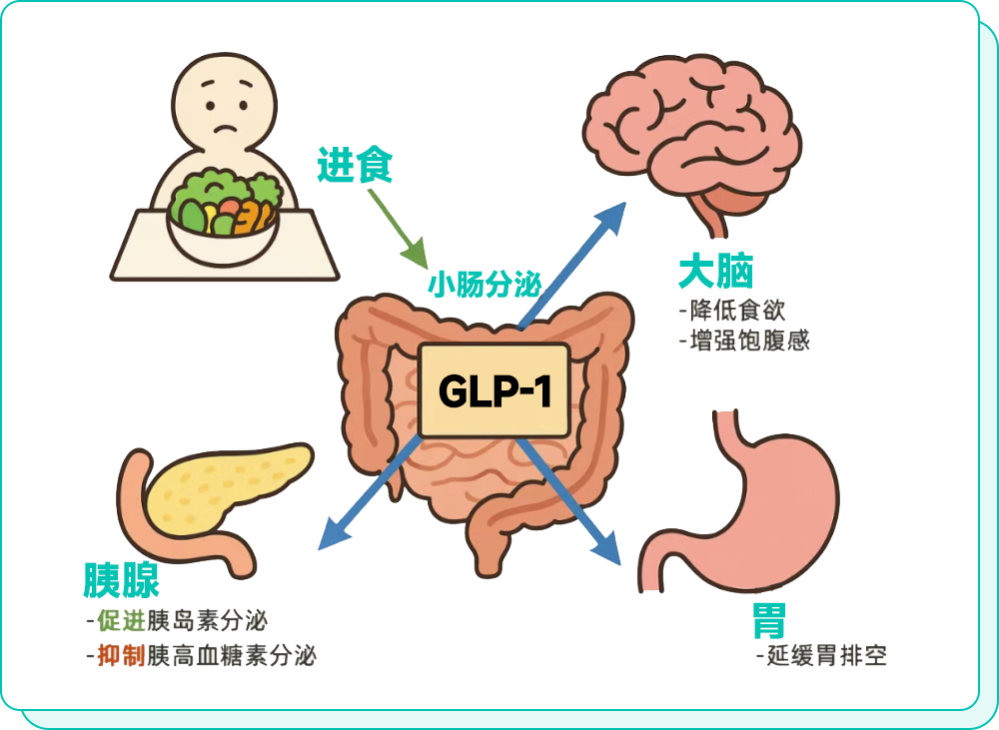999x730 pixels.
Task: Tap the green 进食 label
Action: click(x=355, y=166)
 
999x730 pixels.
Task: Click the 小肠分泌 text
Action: click(x=485, y=286)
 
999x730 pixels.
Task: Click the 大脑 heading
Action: click(x=715, y=271)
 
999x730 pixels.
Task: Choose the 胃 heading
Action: click(x=769, y=620)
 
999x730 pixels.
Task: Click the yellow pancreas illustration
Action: click(x=220, y=489)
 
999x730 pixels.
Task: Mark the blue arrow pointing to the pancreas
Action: click(x=370, y=495)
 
